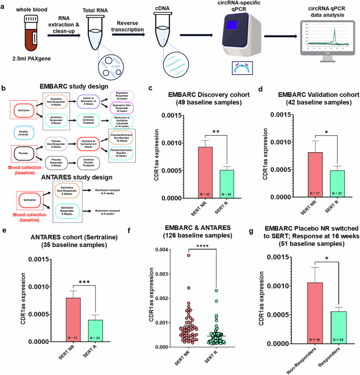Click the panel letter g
tap(245, 226)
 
